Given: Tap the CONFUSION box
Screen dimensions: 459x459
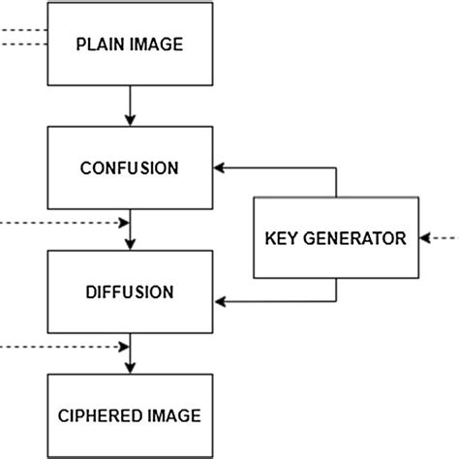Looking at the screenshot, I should click(129, 168).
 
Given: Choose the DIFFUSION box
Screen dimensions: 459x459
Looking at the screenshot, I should click(129, 291).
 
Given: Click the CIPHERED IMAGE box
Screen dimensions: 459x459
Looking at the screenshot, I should click(129, 415).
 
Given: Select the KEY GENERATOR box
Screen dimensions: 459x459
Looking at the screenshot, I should click(335, 238).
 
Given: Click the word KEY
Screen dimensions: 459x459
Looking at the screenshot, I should click(281, 238).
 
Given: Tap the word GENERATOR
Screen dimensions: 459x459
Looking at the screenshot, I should click(352, 238).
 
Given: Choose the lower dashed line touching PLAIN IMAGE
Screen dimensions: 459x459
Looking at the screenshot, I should click(23, 46).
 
